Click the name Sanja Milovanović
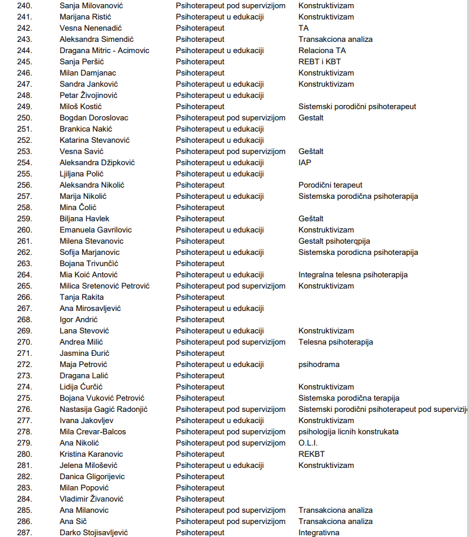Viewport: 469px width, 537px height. [92, 5]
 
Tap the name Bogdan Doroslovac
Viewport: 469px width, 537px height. [94, 117]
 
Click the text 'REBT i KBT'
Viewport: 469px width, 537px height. [320, 61]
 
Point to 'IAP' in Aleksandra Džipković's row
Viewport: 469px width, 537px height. [305, 162]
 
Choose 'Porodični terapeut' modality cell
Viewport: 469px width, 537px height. [330, 185]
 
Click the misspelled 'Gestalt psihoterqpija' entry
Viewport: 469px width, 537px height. [334, 241]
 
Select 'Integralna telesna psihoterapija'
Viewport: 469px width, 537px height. [353, 274]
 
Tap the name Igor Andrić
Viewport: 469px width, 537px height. [79, 319]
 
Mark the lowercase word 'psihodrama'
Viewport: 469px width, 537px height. [319, 364]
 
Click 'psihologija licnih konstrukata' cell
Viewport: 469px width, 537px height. [349, 431]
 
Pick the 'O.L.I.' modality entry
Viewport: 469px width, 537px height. [309, 443]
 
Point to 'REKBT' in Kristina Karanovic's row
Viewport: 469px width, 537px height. [311, 454]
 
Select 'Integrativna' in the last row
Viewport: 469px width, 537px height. [319, 532]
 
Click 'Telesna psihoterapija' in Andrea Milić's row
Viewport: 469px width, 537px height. [336, 342]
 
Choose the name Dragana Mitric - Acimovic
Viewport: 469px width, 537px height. [105, 50]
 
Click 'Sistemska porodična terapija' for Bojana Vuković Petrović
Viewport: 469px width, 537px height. [349, 398]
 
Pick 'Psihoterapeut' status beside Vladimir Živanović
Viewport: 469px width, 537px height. [200, 499]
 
